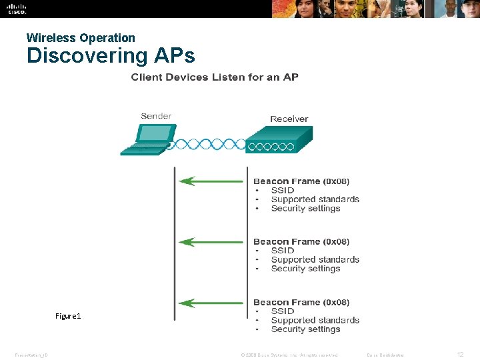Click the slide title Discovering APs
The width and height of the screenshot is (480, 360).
[111, 55]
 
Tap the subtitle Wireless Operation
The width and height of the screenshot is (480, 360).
[81, 38]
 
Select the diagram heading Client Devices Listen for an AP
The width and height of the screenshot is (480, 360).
[215, 77]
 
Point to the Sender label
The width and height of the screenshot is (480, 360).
[156, 116]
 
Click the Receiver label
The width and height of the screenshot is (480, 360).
[289, 119]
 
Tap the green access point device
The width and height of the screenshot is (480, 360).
[278, 141]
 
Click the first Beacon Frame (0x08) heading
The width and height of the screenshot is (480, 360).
[301, 181]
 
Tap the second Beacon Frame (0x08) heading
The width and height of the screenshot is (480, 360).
[301, 242]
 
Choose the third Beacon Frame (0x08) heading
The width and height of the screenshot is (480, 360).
[301, 303]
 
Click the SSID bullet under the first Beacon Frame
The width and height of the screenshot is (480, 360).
[282, 190]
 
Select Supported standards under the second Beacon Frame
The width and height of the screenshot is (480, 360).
[315, 259]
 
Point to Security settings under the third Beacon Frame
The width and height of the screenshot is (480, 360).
[305, 329]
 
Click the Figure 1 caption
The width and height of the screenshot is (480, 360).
[68, 315]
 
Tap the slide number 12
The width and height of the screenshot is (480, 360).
[461, 354]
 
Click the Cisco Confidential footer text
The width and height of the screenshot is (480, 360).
[385, 355]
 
